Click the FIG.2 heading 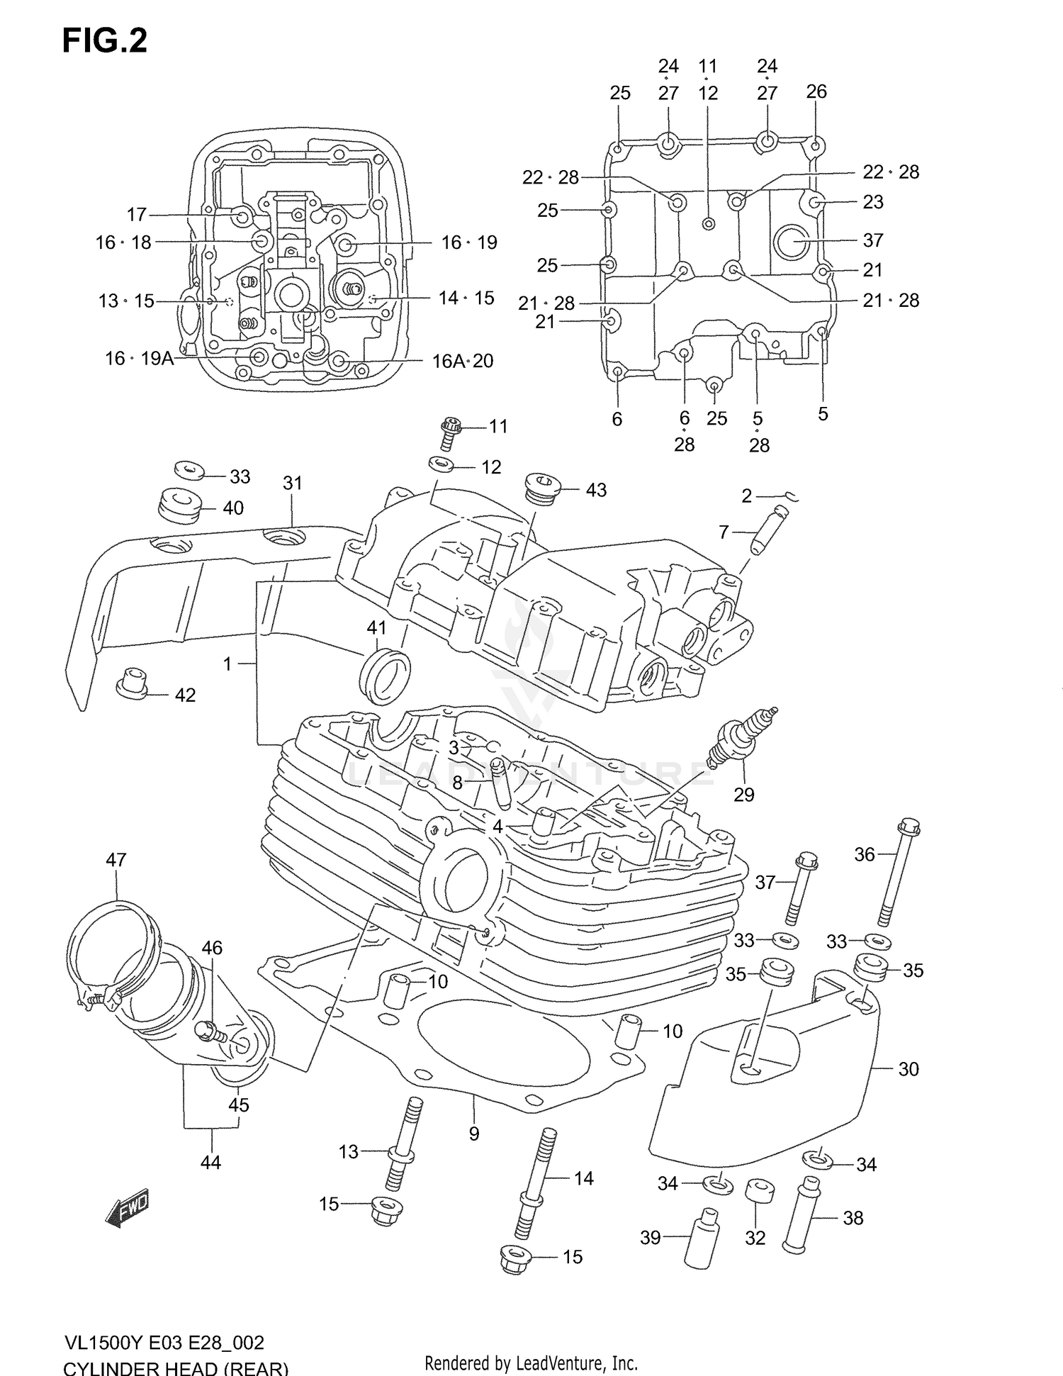click(105, 41)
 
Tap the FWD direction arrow click(128, 1207)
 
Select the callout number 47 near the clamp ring click(116, 860)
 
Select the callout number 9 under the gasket click(473, 1134)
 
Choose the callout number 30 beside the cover click(908, 1069)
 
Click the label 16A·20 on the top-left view click(463, 361)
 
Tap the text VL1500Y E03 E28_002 click(164, 1343)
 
